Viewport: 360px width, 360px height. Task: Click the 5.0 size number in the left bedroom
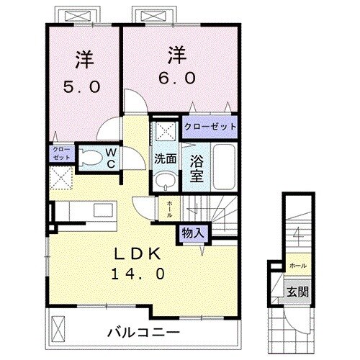pos(84,86)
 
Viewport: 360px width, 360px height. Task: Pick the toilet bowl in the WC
pos(89,157)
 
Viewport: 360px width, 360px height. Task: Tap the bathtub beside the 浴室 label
pos(222,164)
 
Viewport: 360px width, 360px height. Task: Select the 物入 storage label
pos(191,233)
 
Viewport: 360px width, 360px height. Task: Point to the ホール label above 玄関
pos(296,265)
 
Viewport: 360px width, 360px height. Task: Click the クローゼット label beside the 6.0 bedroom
pos(210,127)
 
